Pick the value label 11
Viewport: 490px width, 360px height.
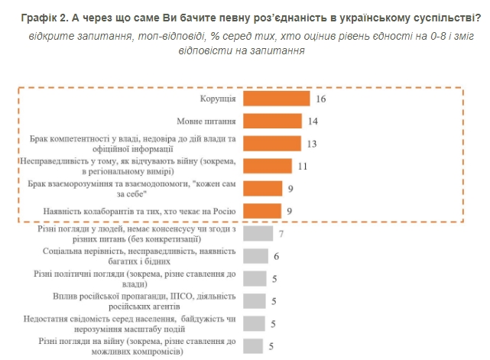302,166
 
